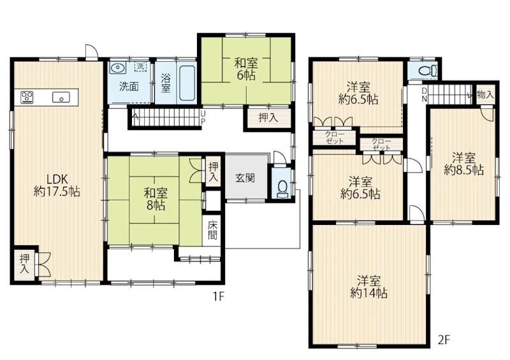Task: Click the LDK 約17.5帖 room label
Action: tap(57, 185)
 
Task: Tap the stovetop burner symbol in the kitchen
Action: tap(27, 97)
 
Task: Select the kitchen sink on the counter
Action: tap(61, 97)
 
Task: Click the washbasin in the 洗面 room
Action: tap(117, 68)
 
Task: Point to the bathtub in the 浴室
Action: tap(187, 83)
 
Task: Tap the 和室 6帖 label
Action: tap(246, 69)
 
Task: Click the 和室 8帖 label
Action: tap(156, 199)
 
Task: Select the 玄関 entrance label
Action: tap(245, 178)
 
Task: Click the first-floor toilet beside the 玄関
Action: tap(282, 189)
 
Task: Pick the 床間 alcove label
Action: tap(212, 230)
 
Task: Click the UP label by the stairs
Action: tap(203, 117)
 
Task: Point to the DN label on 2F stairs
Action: tap(424, 95)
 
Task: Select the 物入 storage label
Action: tap(485, 95)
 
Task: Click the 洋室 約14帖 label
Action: tap(369, 287)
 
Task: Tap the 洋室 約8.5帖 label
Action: tap(464, 164)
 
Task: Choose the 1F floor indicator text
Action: tap(219, 296)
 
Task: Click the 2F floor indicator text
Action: tap(444, 340)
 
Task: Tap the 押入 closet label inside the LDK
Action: tap(24, 264)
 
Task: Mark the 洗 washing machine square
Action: tap(140, 66)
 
